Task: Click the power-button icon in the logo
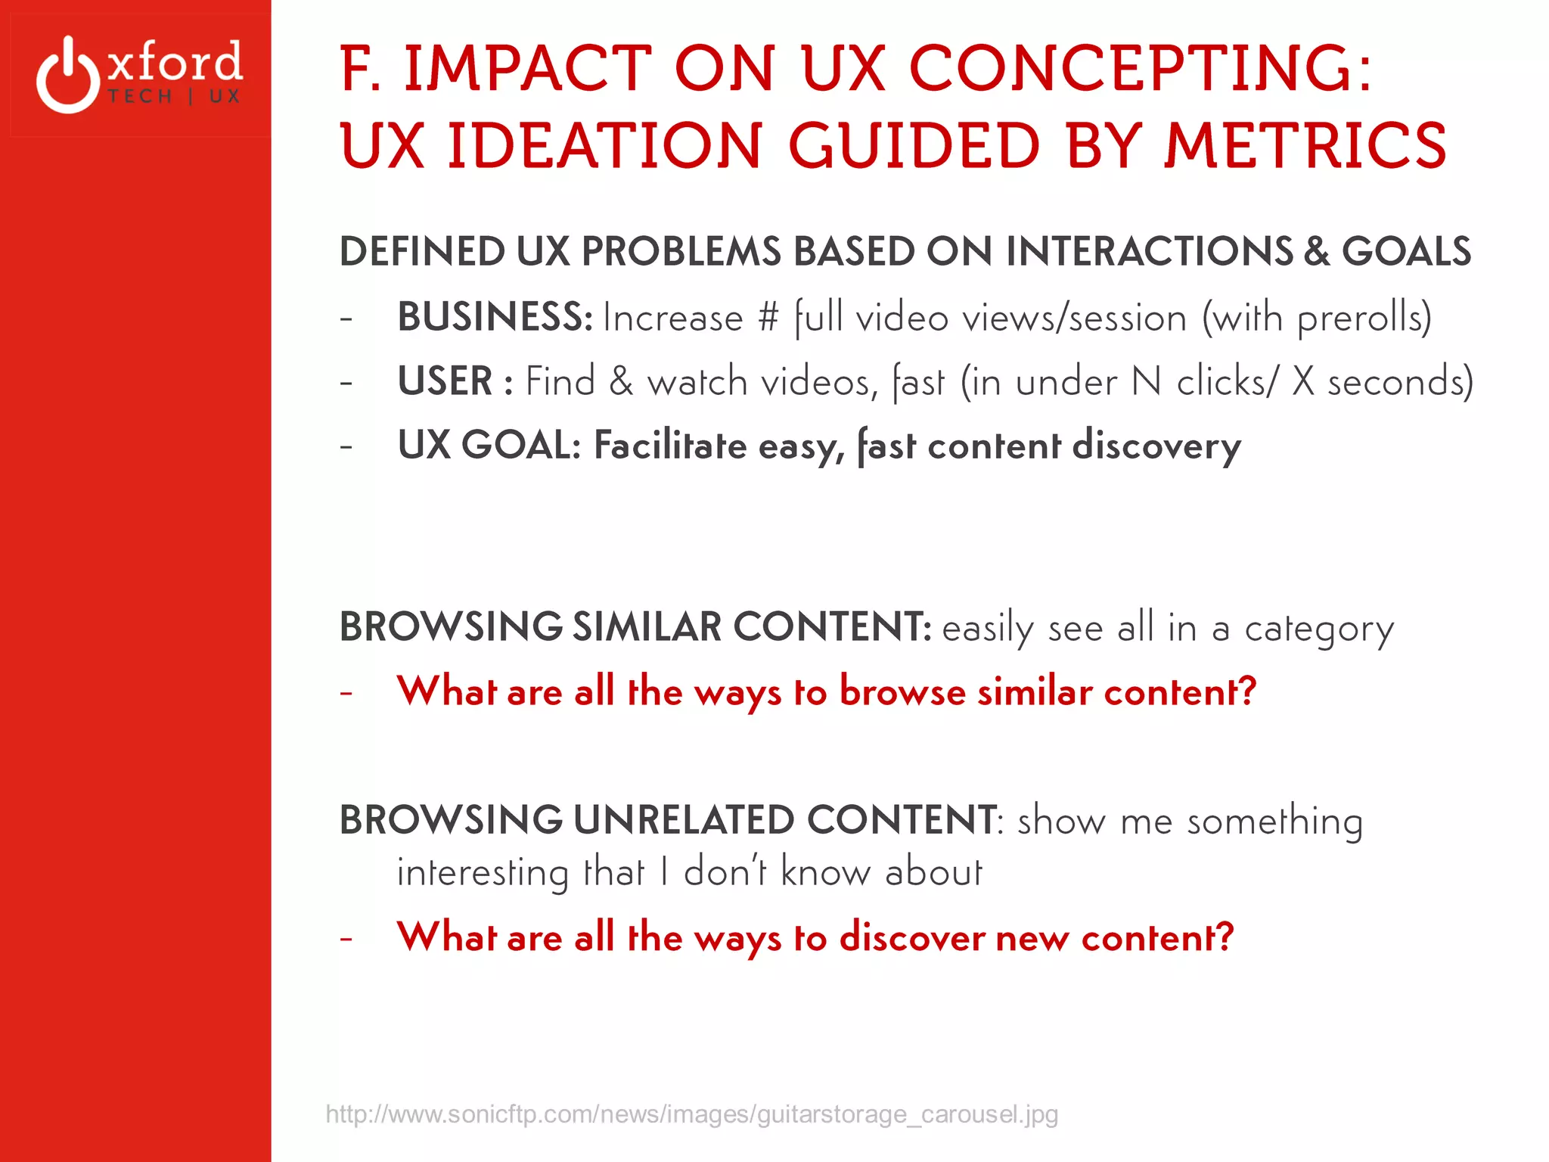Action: pyautogui.click(x=68, y=76)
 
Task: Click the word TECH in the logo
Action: pyautogui.click(x=141, y=97)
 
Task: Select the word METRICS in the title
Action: pyautogui.click(x=1305, y=146)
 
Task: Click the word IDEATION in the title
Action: pyautogui.click(x=604, y=146)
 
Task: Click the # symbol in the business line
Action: pyautogui.click(x=768, y=317)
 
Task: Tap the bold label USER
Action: pyautogui.click(x=445, y=381)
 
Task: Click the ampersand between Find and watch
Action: pyautogui.click(x=621, y=381)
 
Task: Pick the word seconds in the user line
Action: pyautogui.click(x=1395, y=381)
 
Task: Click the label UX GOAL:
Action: pyautogui.click(x=489, y=445)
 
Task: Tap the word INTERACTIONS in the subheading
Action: pyautogui.click(x=1149, y=251)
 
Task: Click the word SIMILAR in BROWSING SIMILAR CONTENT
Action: pyautogui.click(x=647, y=626)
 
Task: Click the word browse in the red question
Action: pyautogui.click(x=902, y=691)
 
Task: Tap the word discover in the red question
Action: pyautogui.click(x=912, y=937)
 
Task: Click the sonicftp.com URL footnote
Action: pyautogui.click(x=691, y=1114)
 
